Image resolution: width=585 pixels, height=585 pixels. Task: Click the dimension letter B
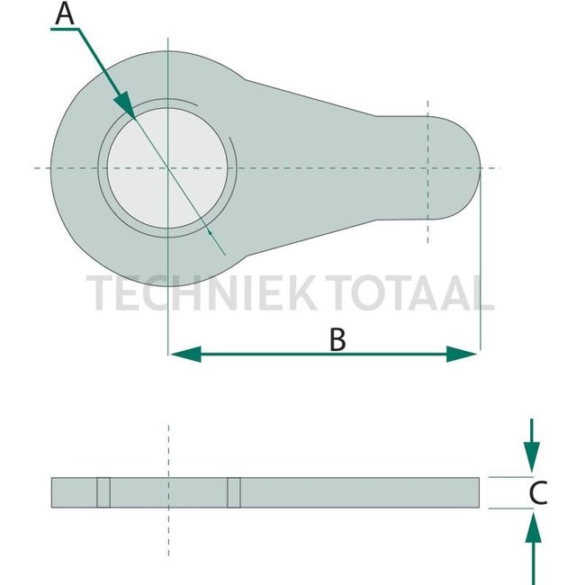[x=337, y=339]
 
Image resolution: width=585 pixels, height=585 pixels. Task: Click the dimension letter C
[x=537, y=492]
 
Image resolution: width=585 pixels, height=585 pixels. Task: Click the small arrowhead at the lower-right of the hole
[x=211, y=232]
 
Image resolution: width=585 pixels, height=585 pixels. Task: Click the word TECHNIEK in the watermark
[x=199, y=293]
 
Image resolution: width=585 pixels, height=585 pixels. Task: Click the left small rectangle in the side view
[x=103, y=491]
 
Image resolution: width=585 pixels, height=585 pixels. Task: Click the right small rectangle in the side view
[x=234, y=491]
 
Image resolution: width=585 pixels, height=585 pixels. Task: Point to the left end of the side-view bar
[x=54, y=491]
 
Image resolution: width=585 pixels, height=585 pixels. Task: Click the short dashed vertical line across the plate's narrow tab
[x=428, y=171]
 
